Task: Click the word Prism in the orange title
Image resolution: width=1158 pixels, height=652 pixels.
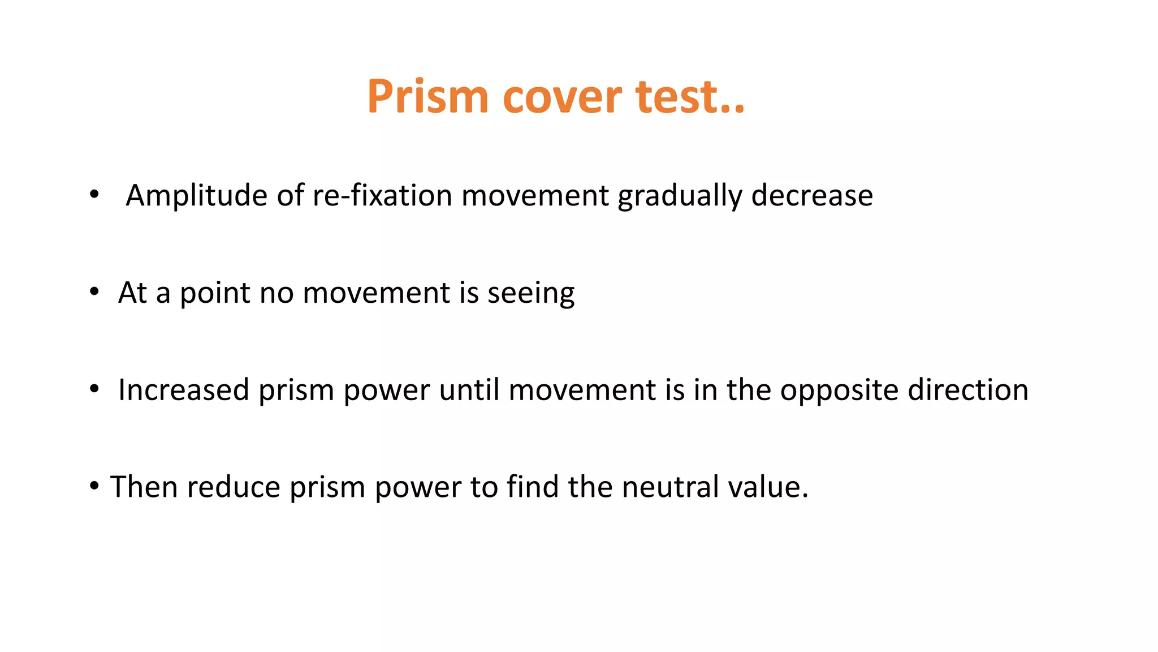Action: (427, 97)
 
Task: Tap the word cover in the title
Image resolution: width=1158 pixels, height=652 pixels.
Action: (562, 97)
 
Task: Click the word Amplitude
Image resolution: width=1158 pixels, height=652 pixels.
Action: (196, 196)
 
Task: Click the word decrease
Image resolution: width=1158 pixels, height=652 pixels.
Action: (812, 196)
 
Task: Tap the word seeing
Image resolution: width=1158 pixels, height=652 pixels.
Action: (531, 293)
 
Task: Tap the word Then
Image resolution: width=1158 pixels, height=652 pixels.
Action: (144, 487)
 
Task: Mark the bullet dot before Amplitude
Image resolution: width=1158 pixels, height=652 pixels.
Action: (94, 195)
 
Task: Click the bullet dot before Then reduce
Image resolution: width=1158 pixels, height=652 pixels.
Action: (94, 486)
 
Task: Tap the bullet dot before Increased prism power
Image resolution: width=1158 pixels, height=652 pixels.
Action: (94, 389)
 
